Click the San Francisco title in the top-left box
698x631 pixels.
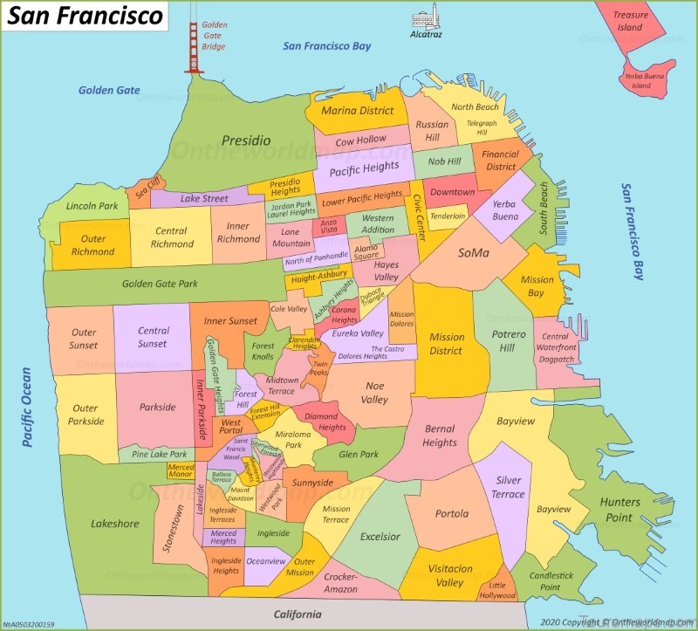pos(86,16)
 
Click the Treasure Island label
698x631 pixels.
pos(630,21)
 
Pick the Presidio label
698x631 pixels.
pos(245,141)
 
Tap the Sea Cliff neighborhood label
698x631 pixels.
pos(147,185)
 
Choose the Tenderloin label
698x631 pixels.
pos(448,216)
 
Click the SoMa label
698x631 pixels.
pos(474,253)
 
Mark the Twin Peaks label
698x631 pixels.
pos(321,368)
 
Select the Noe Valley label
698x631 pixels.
pos(375,392)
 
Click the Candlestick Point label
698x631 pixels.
pos(550,581)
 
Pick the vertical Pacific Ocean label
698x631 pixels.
pos(27,407)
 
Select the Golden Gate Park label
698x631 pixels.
pos(160,284)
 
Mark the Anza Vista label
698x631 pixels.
pos(329,225)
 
